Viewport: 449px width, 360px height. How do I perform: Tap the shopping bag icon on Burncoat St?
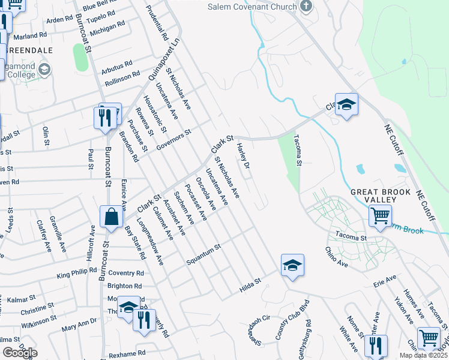tap(112, 217)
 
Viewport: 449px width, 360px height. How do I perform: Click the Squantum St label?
tap(203, 254)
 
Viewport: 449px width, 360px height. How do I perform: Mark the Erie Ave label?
tap(385, 281)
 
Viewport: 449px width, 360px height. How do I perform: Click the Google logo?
tap(20, 353)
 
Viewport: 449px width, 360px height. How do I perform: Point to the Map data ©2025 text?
tap(423, 355)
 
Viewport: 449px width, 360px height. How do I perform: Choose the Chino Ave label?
tap(337, 257)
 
